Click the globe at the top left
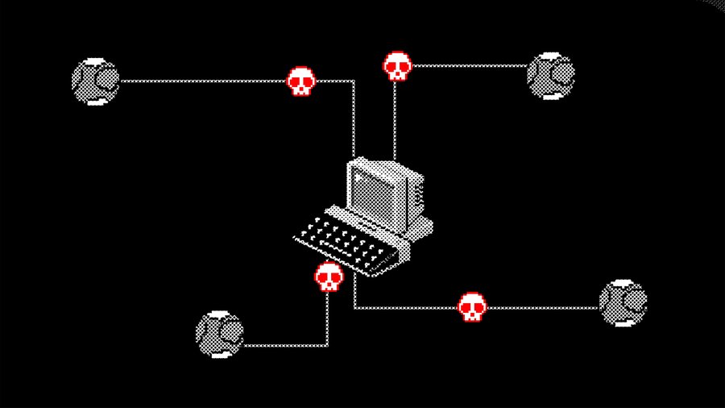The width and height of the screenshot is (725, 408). coord(95,81)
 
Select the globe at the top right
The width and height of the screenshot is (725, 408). coord(551,77)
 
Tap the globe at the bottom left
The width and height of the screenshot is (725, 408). coord(219,333)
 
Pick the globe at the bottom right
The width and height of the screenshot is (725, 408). coord(623,303)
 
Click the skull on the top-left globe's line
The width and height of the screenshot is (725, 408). coord(300,81)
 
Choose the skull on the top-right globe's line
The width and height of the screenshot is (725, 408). coord(396,66)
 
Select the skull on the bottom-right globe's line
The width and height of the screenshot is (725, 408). coord(472,306)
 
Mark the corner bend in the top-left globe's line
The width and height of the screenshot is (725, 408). coord(354,81)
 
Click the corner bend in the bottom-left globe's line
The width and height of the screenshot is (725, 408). coord(327,345)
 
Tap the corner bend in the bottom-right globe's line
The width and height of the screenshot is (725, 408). coord(354,307)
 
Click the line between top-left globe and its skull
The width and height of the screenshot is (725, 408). coord(201,81)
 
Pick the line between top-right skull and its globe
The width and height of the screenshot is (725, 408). coord(467,65)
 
